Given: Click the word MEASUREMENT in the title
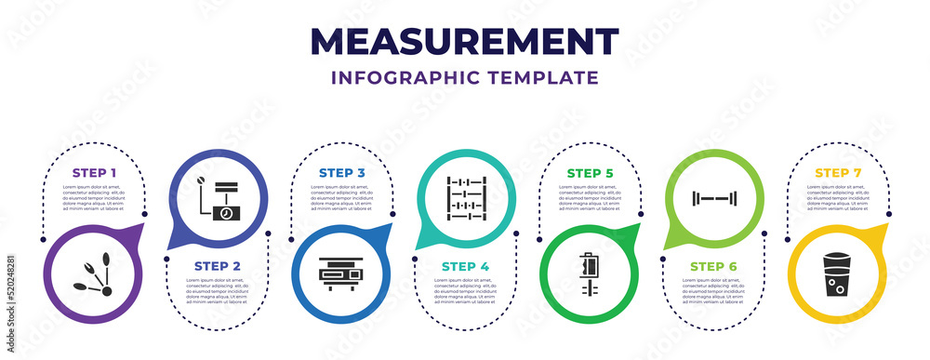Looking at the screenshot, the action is click(465, 42).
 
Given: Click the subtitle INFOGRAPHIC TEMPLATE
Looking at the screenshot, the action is click(465, 76).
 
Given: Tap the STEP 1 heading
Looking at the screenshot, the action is click(96, 173).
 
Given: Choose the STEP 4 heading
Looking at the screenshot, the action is click(465, 265).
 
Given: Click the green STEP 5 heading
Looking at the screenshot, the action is click(589, 173).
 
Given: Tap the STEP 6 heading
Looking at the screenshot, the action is click(714, 265).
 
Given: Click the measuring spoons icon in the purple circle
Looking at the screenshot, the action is click(94, 276).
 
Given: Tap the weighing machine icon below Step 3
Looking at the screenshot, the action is click(341, 276).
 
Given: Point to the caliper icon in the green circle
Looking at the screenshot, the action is click(590, 276).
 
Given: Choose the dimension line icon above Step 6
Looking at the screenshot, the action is click(714, 197).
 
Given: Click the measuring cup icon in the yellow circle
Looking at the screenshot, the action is click(836, 276).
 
